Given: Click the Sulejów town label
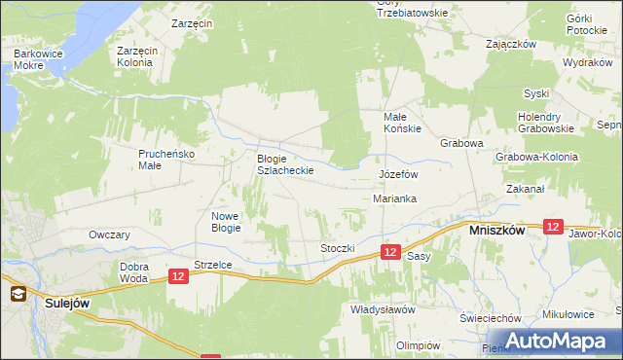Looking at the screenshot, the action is pos(67,304).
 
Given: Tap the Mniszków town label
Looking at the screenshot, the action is pos(497,232).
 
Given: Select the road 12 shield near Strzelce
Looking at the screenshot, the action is pos(177,277).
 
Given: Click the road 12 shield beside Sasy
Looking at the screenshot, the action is pos(389,252).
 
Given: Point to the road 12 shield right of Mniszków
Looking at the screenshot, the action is pos(553,226).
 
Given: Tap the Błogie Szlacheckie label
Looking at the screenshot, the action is pos(284,164).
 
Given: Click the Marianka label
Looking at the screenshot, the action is pos(395,198).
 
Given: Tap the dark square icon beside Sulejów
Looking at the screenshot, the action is pos(17,292).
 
